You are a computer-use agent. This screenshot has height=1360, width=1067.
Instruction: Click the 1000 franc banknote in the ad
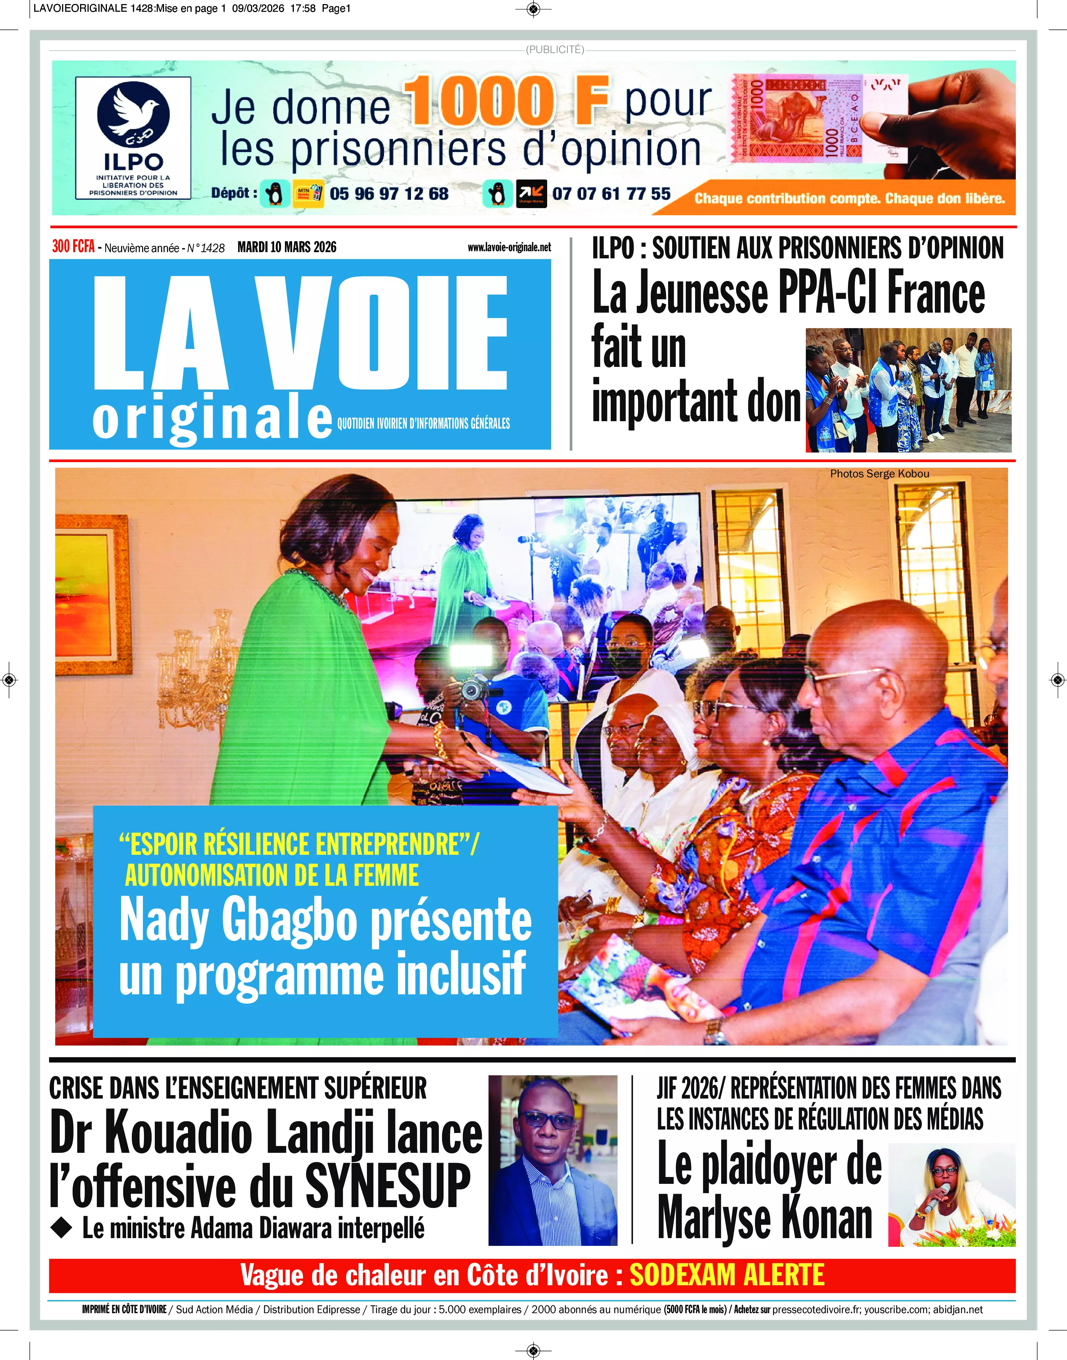coord(818,119)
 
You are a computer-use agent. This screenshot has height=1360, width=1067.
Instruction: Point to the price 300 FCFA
coord(73,247)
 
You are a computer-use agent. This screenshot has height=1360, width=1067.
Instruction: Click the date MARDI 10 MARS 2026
coord(287,247)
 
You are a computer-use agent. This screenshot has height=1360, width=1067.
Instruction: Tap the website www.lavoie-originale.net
coord(509,247)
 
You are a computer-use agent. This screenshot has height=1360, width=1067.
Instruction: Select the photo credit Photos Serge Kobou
coord(879,474)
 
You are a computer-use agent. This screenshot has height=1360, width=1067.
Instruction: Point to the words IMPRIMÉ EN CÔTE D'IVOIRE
coord(124,1309)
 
